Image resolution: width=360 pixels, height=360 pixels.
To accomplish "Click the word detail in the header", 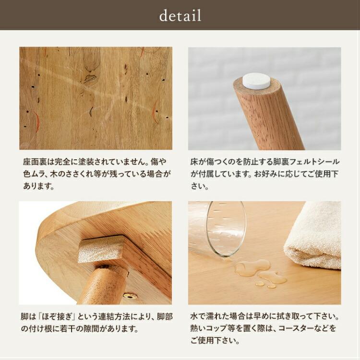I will pos(180,16).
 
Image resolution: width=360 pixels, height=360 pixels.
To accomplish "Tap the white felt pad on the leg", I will pos(255,80).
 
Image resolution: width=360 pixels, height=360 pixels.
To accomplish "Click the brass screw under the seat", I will pos(130,296).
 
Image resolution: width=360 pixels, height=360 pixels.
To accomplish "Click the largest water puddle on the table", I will pos(252,267).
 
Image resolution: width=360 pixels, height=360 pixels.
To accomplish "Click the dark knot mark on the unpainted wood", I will pos(90,75).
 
